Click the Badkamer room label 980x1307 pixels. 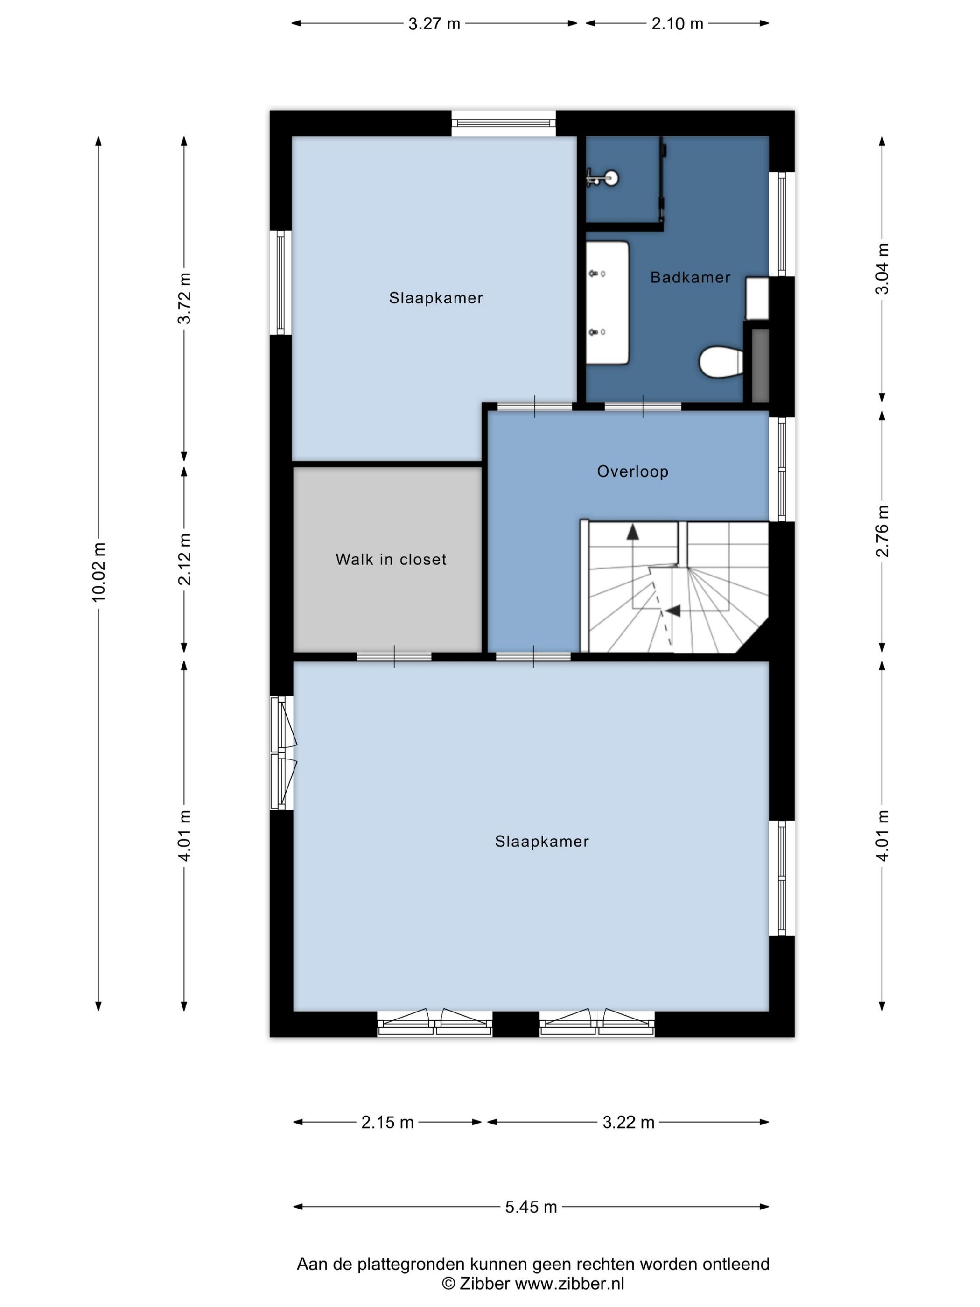[690, 277]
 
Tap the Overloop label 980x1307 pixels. [633, 471]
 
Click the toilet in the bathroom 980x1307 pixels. [721, 362]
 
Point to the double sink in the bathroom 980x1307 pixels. [607, 302]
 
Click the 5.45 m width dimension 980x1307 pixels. [531, 1207]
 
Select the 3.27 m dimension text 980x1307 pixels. [434, 24]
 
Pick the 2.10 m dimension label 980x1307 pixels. [677, 24]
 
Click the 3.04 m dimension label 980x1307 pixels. [882, 268]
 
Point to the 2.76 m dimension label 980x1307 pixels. [882, 531]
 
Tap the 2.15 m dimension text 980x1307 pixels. [387, 1122]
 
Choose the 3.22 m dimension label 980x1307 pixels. [628, 1122]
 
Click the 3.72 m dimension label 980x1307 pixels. [184, 298]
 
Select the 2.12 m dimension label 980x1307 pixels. [184, 559]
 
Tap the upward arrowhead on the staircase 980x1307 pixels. [633, 532]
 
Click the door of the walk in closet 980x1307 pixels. [394, 656]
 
